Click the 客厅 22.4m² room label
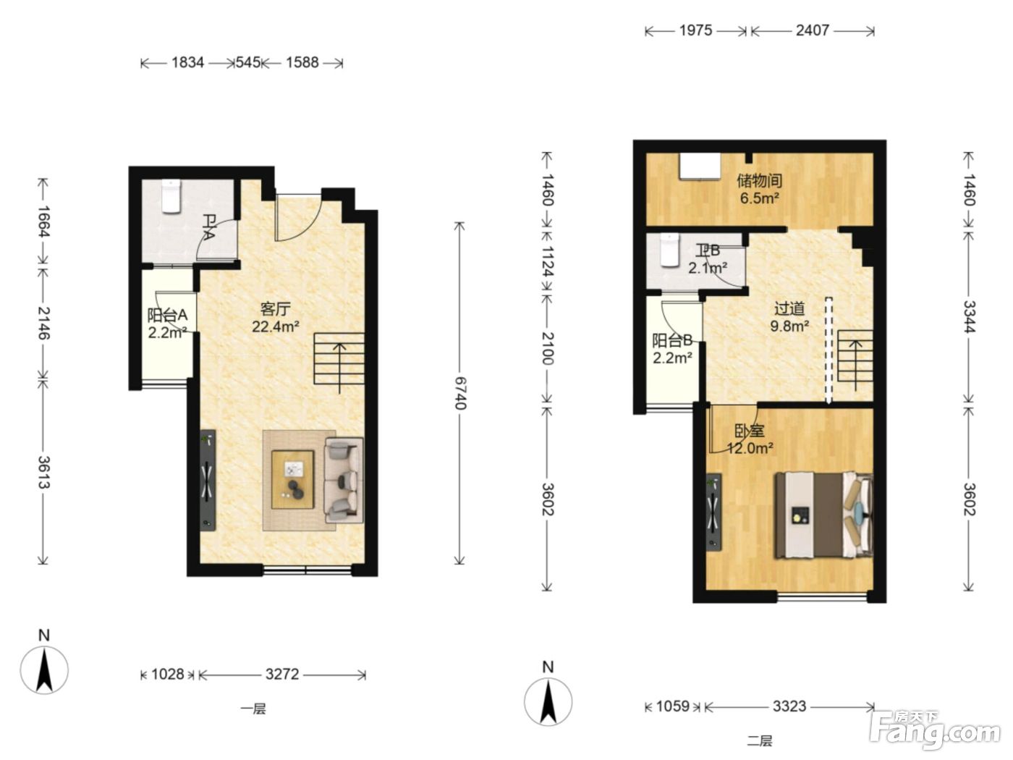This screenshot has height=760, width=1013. click(276, 318)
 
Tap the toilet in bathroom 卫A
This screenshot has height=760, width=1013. click(171, 196)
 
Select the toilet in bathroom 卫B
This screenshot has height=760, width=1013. click(670, 250)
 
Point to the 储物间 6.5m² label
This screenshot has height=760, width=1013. click(759, 189)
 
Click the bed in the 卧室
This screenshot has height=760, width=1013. click(823, 515)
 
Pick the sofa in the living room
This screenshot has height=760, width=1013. click(344, 480)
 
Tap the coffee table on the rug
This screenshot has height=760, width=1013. click(292, 480)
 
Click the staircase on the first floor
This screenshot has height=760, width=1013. click(339, 358)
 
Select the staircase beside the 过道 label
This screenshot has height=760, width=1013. click(855, 356)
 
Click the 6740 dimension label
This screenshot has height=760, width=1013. click(460, 393)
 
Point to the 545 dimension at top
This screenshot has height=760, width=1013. click(248, 62)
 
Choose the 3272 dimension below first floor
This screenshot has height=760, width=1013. click(282, 675)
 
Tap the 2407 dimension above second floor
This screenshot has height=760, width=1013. click(813, 30)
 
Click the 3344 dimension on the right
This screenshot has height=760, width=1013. click(969, 316)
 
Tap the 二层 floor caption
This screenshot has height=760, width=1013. click(760, 741)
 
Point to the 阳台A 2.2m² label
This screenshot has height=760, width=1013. click(167, 324)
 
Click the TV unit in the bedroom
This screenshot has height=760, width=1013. click(713, 512)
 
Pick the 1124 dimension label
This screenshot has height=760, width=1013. click(548, 261)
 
